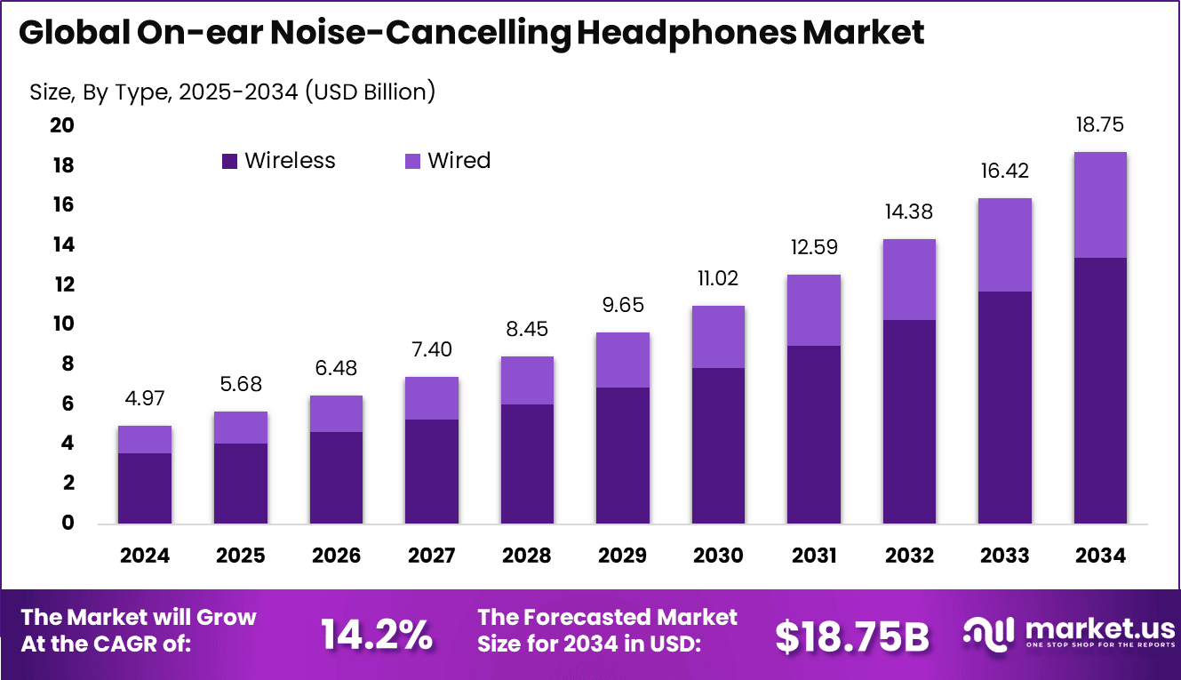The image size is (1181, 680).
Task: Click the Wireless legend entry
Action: pos(279,161)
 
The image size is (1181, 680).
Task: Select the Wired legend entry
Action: pos(448,161)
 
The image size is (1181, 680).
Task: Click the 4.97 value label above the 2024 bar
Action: pos(144,399)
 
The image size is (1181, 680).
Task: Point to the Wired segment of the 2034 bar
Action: pos(1100,204)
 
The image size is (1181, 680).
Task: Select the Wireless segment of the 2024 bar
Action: pos(144,488)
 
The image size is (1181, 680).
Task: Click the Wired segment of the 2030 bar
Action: pos(718,337)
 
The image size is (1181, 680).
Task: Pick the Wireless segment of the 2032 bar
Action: pos(909,421)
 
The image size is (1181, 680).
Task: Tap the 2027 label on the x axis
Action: pos(432,556)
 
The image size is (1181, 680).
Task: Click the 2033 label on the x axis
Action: pos(1005,556)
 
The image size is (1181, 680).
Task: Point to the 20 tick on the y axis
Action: pos(61,125)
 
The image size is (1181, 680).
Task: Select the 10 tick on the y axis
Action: pos(61,324)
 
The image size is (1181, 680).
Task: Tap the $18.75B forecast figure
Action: pos(851,636)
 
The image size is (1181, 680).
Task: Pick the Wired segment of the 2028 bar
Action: pos(527,380)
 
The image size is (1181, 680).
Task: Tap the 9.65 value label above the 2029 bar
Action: pos(622,305)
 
